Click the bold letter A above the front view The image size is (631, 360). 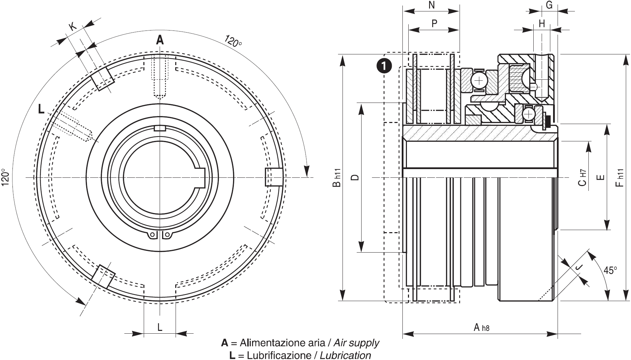[x=160, y=40]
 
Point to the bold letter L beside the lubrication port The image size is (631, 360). [x=41, y=109]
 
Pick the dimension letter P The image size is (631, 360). [x=434, y=24]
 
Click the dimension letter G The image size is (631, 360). [x=549, y=5]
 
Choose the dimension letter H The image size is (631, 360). [x=542, y=24]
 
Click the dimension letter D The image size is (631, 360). [x=355, y=177]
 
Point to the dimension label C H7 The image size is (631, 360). [x=583, y=177]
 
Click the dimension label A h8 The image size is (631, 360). [x=481, y=327]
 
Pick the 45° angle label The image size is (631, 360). [x=610, y=270]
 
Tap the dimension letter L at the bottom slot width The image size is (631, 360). [x=160, y=327]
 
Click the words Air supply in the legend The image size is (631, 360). [x=356, y=343]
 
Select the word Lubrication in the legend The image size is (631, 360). [x=345, y=355]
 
